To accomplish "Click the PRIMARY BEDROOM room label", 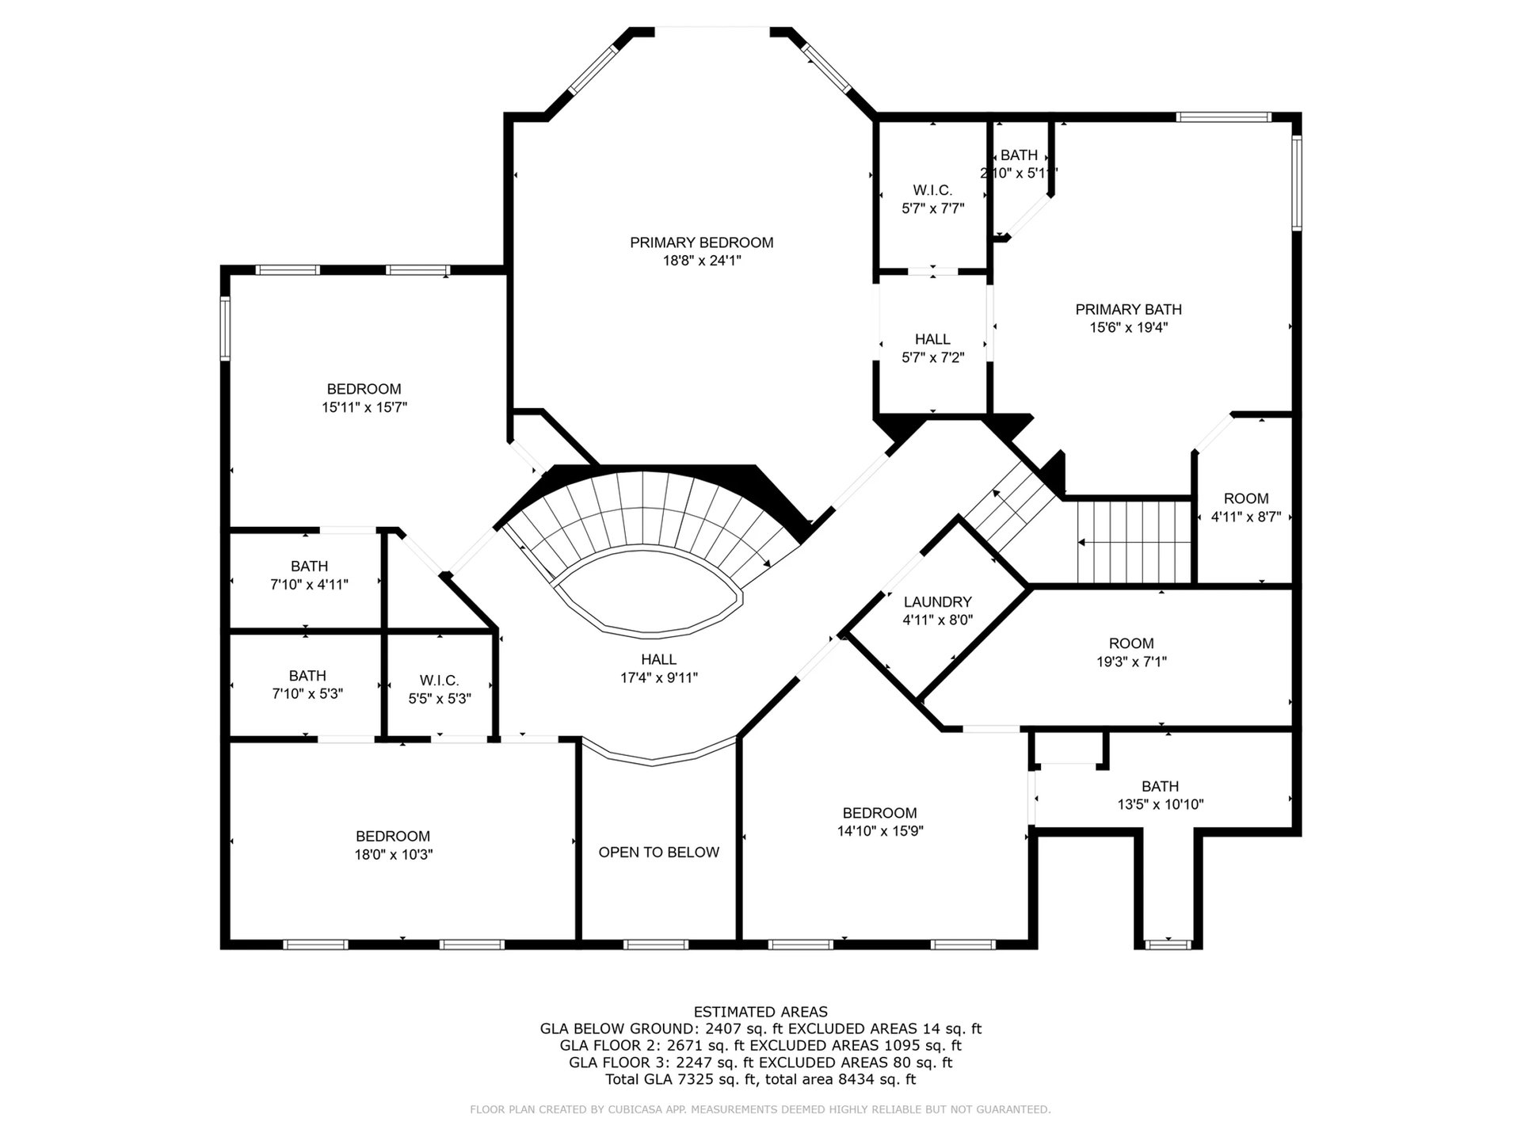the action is [x=701, y=242].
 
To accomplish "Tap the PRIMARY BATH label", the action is [x=1128, y=310].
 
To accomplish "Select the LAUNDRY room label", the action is [x=937, y=602].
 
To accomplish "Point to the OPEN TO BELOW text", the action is [x=658, y=853].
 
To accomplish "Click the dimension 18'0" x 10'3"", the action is [x=394, y=855].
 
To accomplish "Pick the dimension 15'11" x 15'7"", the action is [x=364, y=407].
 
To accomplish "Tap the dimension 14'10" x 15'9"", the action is [x=880, y=831].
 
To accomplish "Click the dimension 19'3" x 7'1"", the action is [x=1130, y=662].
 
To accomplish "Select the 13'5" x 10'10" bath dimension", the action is [x=1161, y=804].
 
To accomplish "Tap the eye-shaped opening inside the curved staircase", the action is [x=649, y=594].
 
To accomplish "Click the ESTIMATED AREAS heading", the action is [x=760, y=1012].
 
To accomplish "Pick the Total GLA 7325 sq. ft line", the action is [x=760, y=1079].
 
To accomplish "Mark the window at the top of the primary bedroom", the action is [x=712, y=30].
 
